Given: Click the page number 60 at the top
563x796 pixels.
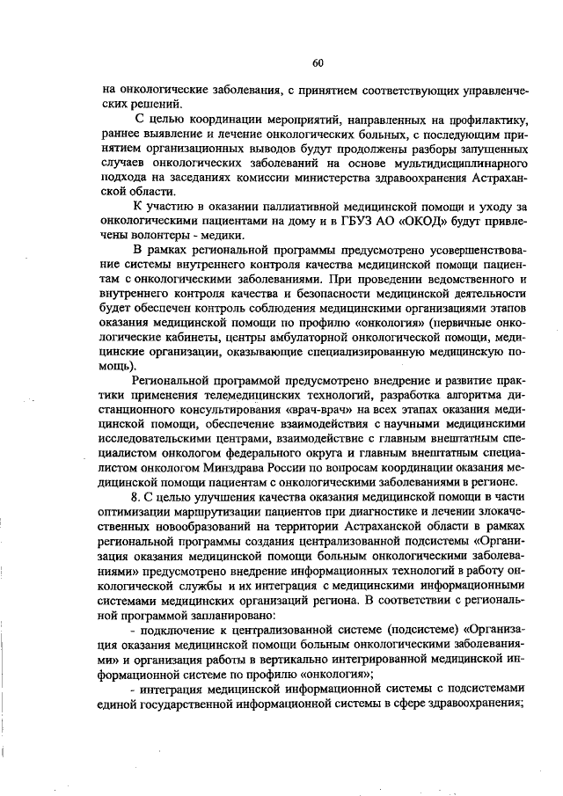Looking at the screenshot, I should coord(318,62).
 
